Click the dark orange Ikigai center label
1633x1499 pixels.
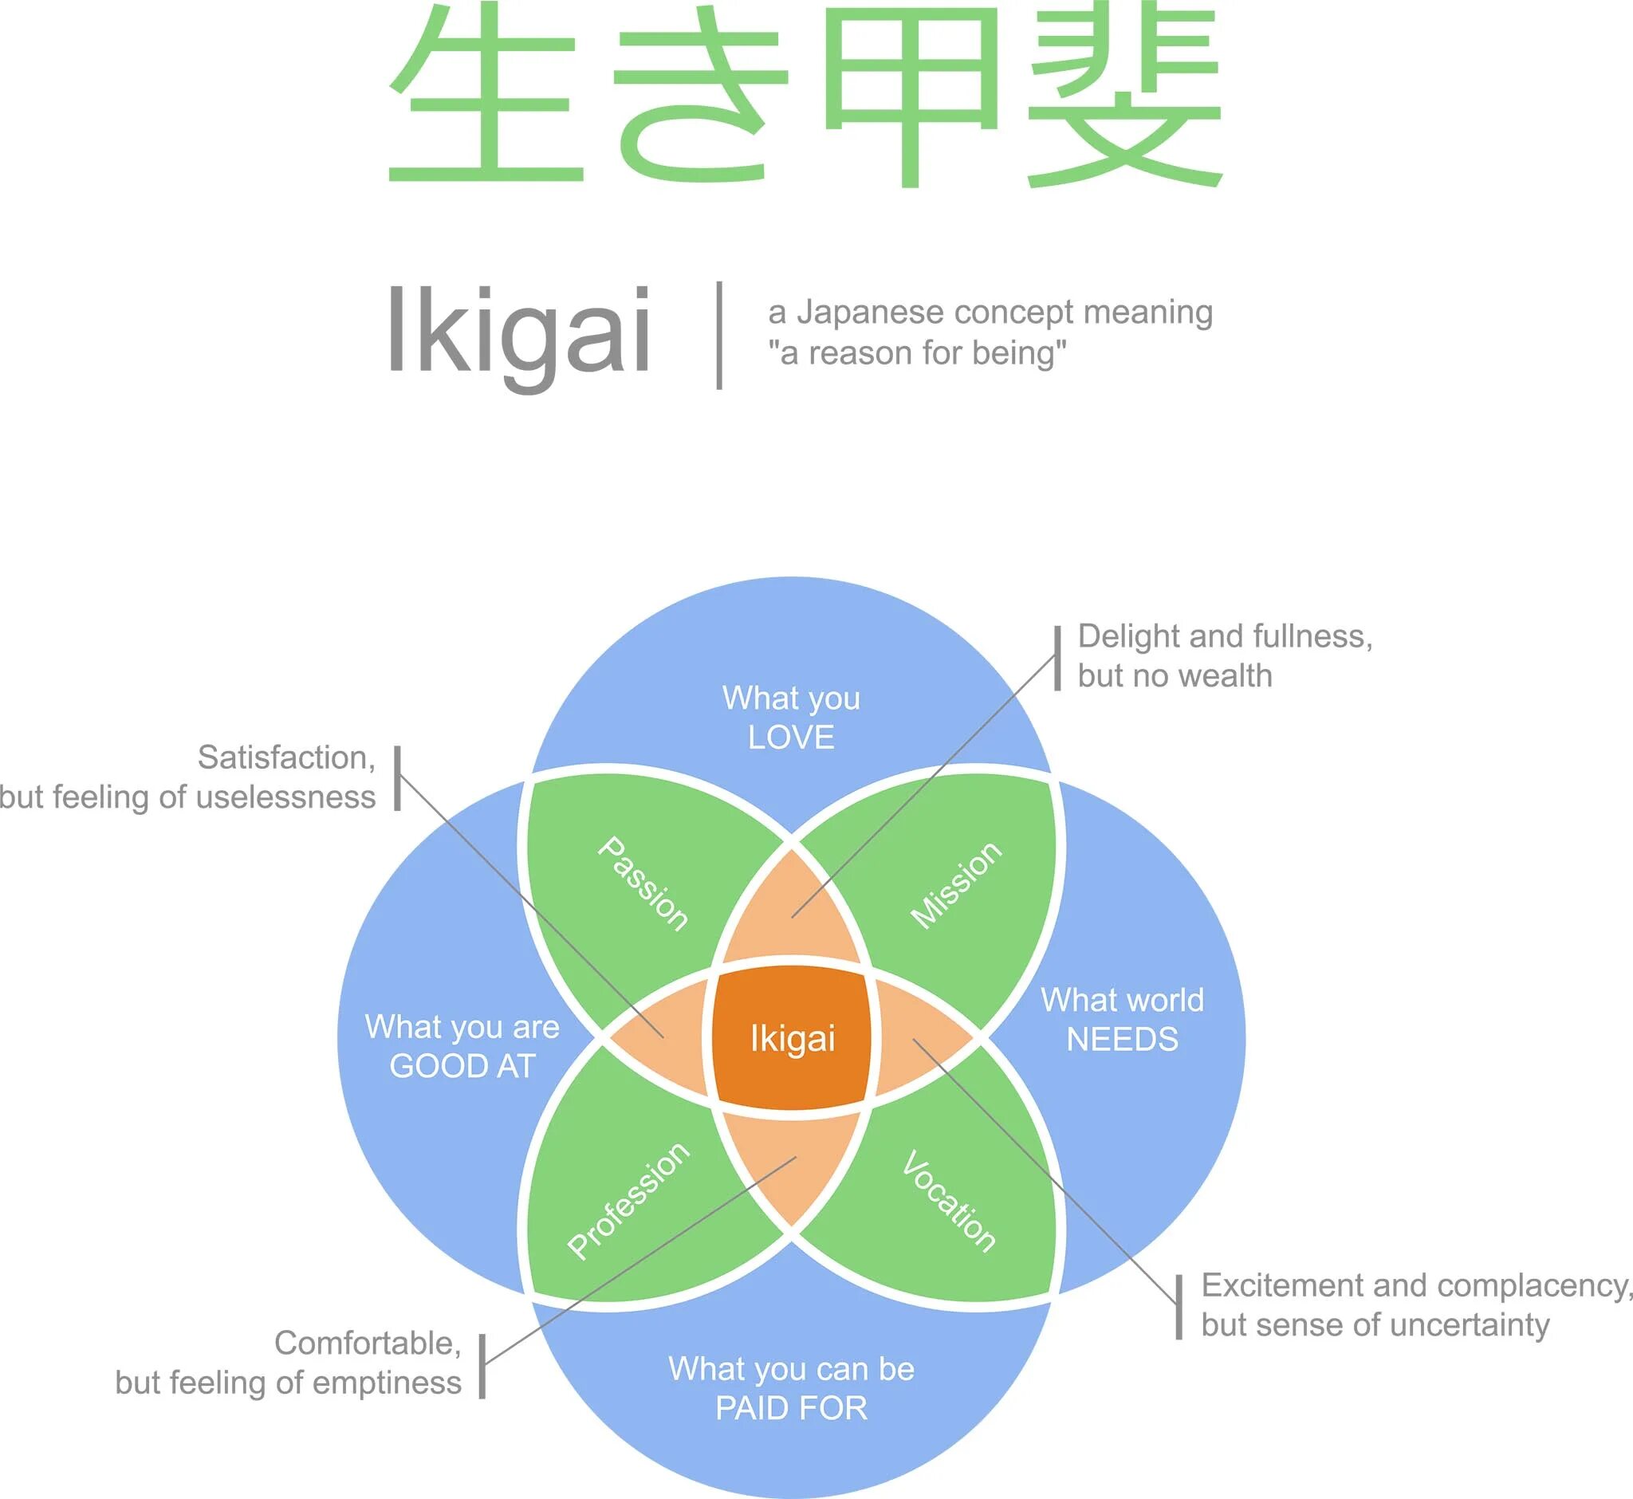[x=792, y=1038]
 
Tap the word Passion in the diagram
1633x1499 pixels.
[x=643, y=883]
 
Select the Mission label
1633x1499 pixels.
[x=955, y=884]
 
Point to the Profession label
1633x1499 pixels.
[x=628, y=1201]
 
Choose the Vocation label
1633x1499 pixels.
[x=949, y=1201]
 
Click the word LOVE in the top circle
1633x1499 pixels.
[x=791, y=738]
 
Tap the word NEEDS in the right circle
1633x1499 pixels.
[x=1122, y=1039]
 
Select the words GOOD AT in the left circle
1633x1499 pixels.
[x=462, y=1066]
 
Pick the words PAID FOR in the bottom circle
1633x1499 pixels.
[x=791, y=1407]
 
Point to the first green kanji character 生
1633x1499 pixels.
[x=485, y=96]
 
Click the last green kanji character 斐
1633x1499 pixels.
[x=1124, y=96]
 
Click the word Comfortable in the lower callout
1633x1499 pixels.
[x=368, y=1343]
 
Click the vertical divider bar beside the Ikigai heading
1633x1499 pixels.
[x=719, y=335]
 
